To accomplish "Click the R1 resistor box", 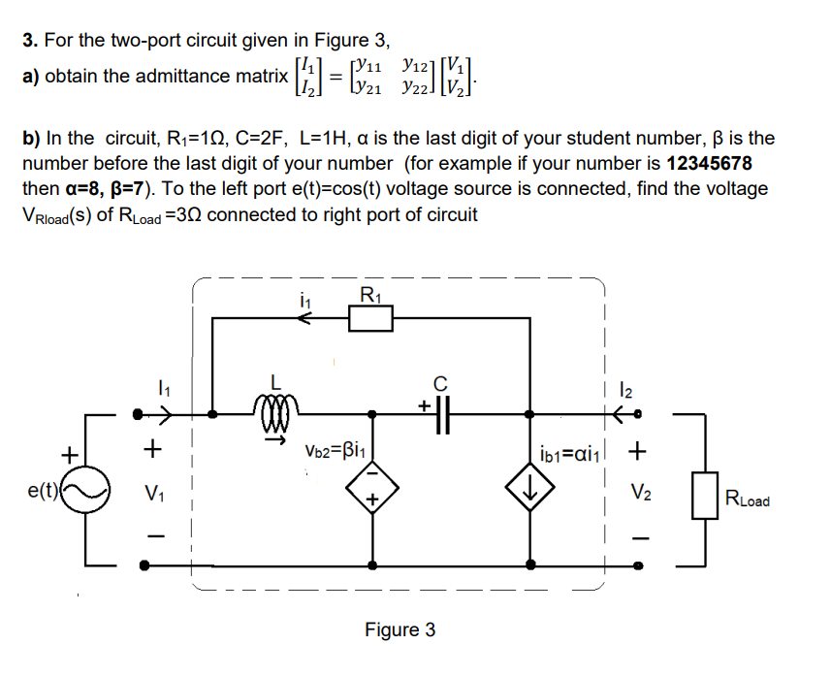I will click(370, 318).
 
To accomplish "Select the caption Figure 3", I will click(400, 630).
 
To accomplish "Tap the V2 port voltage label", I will click(639, 491).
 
